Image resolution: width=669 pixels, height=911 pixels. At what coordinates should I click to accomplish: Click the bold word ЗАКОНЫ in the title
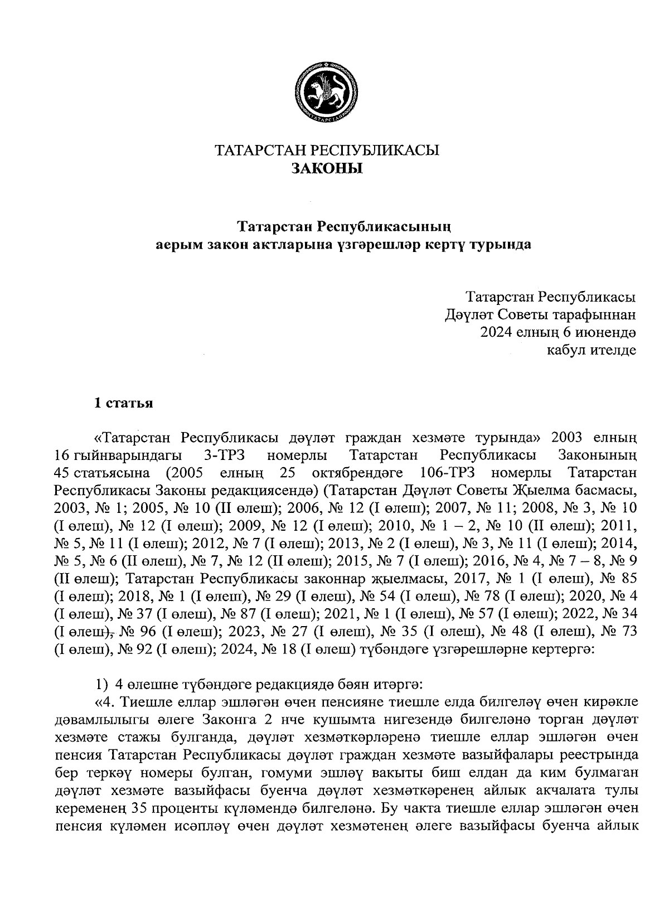point(327,168)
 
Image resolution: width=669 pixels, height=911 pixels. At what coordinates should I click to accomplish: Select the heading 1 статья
point(123,403)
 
